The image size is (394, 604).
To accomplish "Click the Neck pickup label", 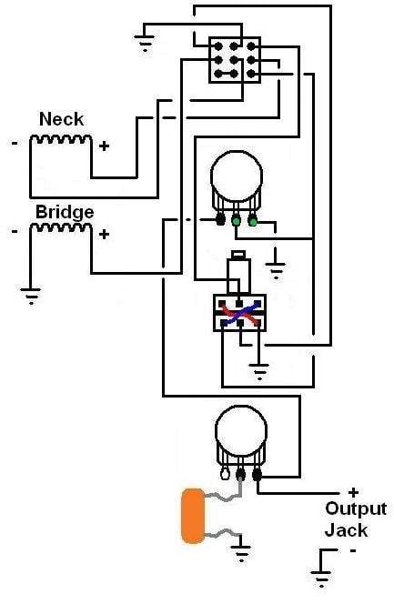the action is tap(61, 119).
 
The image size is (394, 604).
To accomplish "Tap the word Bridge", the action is tap(65, 212).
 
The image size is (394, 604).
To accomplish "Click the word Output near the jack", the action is tap(356, 508).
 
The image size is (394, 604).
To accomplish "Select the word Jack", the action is tap(346, 530).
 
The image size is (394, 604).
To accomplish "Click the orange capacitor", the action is tap(193, 516).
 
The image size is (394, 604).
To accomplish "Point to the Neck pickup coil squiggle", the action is tap(61, 138).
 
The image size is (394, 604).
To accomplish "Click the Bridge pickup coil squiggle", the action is tap(61, 227).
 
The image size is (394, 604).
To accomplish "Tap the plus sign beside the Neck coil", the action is tap(104, 146).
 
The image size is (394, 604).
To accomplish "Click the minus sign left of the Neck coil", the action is tap(15, 144).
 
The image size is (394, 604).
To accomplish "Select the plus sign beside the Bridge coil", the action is tap(104, 234).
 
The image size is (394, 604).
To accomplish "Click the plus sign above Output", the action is tap(353, 492).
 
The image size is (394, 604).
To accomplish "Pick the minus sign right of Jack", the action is tap(353, 551).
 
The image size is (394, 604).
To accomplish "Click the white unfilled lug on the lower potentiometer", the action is tap(225, 473).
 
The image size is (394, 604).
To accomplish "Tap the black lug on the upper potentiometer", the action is tap(220, 220).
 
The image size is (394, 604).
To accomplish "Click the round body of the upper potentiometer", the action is tap(237, 176).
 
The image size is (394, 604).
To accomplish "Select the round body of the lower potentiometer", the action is tap(241, 430).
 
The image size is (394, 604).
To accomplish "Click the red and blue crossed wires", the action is tap(239, 314).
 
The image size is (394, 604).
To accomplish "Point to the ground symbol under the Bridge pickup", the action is tap(31, 296).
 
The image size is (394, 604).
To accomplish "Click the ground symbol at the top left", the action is tap(145, 43).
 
